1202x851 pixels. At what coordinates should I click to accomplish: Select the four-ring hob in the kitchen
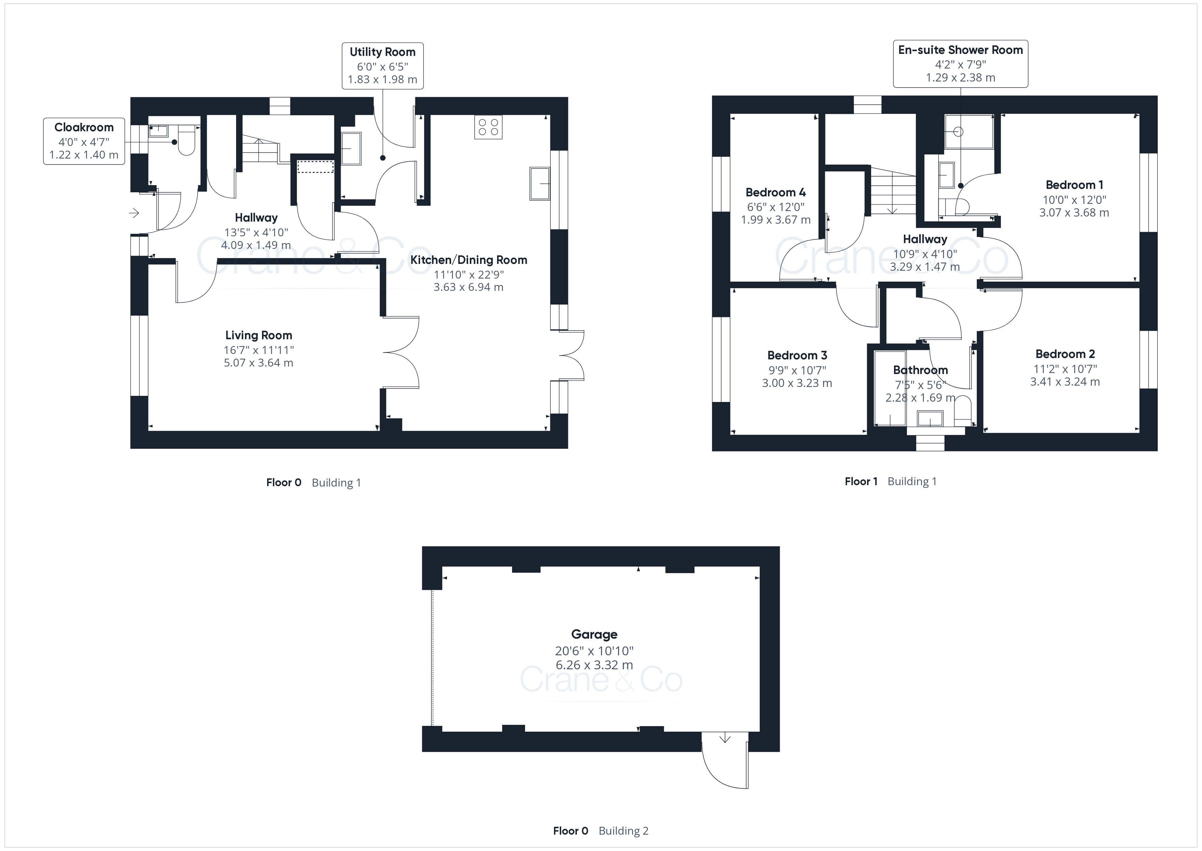point(489,127)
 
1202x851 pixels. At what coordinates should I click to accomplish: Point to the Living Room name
point(259,335)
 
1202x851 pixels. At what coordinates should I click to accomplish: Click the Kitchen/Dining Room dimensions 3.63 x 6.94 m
point(468,287)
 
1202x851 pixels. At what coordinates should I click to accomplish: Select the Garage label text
point(594,634)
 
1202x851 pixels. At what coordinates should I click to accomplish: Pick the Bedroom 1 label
point(1074,185)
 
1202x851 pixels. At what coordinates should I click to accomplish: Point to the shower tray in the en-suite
point(969,132)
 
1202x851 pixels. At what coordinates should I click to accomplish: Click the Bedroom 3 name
point(797,355)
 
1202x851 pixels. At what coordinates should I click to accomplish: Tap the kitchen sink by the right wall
point(540,183)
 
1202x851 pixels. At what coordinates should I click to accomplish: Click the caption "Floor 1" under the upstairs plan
point(861,481)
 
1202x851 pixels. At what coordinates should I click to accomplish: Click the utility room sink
point(351,148)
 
